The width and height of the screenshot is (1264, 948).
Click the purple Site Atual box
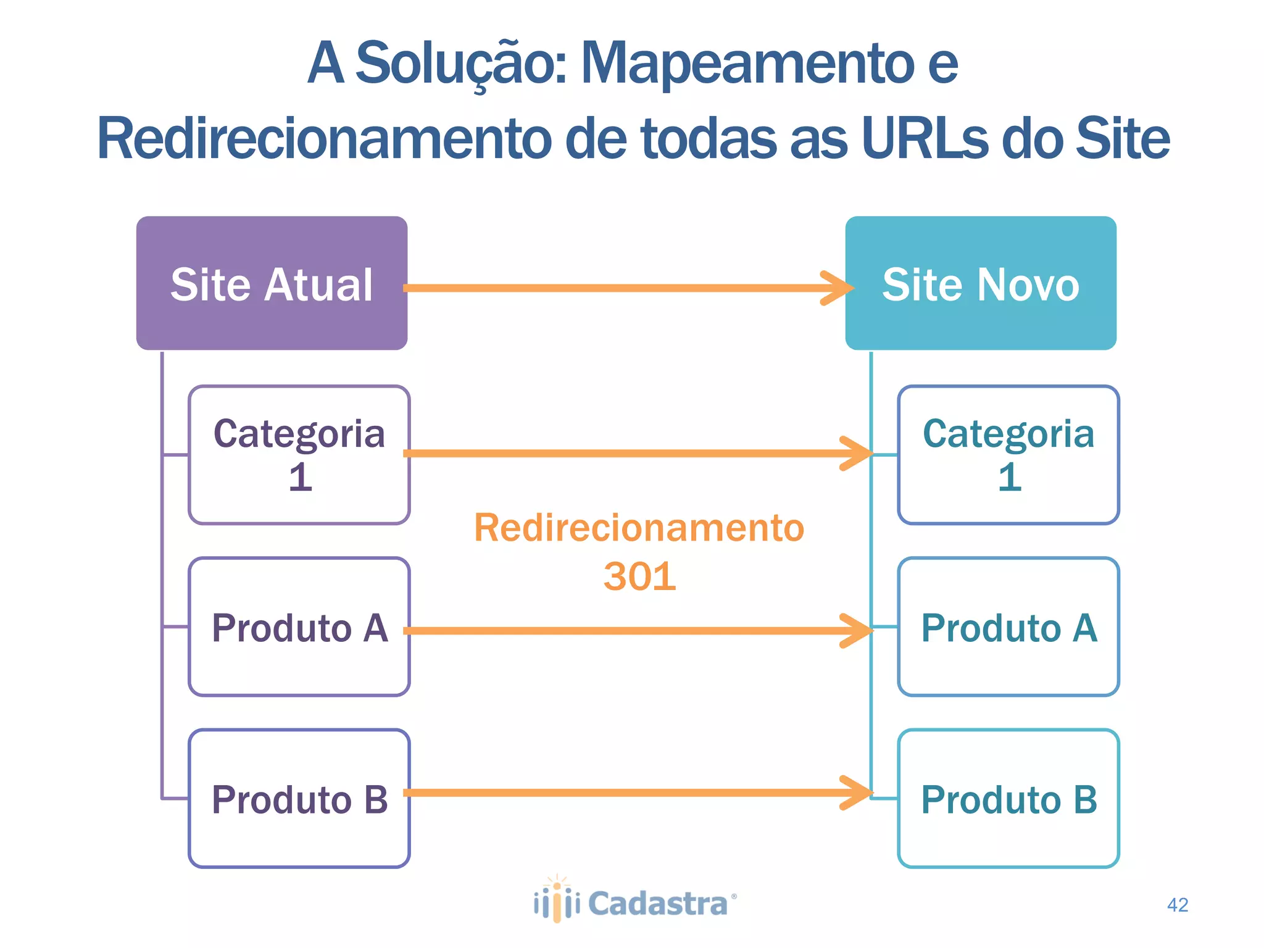coord(272,283)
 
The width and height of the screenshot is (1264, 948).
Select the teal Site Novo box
coord(980,283)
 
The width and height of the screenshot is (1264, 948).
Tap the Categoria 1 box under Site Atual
coord(299,455)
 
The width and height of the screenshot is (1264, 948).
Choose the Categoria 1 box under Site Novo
coord(1008,455)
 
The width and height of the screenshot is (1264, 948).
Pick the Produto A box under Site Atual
coord(299,627)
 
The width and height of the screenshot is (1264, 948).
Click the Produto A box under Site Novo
coord(1008,627)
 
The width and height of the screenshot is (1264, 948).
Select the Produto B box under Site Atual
coord(299,799)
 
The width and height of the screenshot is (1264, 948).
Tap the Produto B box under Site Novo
coord(1008,799)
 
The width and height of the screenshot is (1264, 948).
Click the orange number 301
coord(639,576)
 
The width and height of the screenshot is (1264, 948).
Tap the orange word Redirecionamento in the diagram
coord(639,528)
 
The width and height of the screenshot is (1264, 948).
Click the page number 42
coord(1178,905)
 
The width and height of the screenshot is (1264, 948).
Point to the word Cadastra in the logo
coord(658,904)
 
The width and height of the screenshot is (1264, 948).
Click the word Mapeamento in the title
coord(747,63)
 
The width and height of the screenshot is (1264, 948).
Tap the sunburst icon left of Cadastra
coord(557,899)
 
